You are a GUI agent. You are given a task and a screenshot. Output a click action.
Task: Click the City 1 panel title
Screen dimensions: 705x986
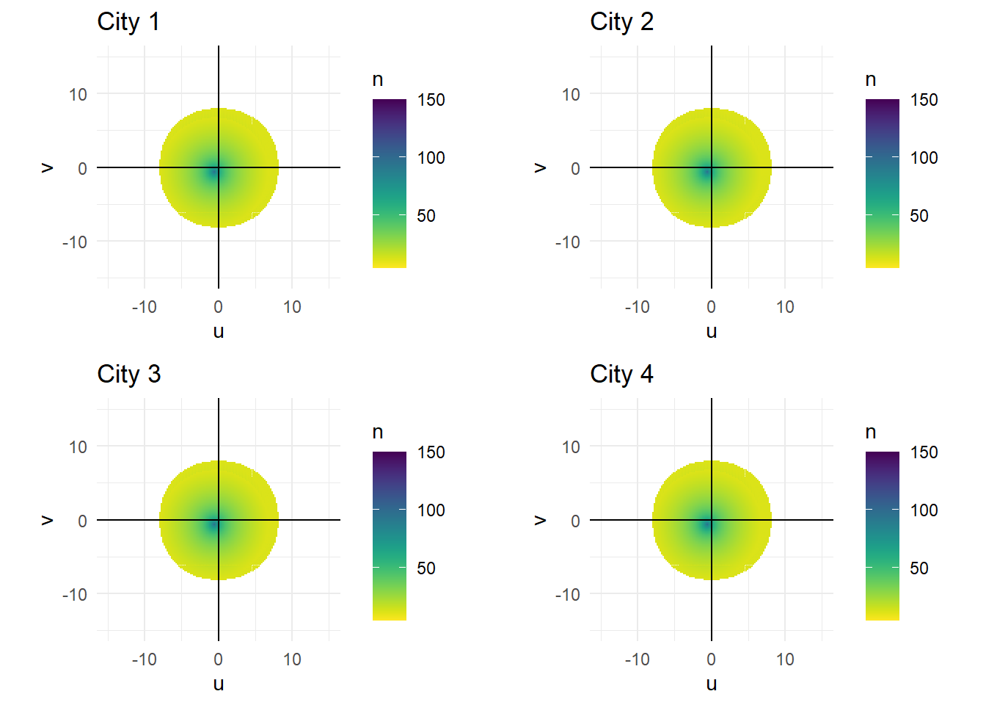click(x=128, y=22)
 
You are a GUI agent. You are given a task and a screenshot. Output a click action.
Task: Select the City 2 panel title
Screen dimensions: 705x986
click(x=621, y=22)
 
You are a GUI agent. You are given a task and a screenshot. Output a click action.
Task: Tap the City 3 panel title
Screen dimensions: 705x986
click(x=128, y=375)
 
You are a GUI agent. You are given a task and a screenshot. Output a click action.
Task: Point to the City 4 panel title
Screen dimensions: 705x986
click(x=621, y=375)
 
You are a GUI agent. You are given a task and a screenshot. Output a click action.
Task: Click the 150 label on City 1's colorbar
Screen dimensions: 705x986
click(x=431, y=100)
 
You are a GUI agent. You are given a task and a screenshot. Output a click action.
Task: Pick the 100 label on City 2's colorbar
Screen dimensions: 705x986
click(x=924, y=158)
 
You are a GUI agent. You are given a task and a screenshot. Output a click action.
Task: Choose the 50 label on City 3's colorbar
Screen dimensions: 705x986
click(x=426, y=568)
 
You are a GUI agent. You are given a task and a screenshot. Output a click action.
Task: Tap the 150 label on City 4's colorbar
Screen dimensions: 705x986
click(x=924, y=452)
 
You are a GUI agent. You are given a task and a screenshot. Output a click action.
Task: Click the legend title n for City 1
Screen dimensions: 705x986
click(x=378, y=79)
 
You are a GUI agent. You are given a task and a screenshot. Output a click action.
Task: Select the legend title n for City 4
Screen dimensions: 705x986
click(x=871, y=432)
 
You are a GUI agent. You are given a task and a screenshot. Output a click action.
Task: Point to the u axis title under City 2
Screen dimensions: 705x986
click(x=711, y=331)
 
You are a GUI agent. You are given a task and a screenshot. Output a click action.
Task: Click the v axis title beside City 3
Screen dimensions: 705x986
click(x=47, y=520)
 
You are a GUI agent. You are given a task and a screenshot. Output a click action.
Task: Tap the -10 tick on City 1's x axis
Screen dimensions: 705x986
click(x=144, y=307)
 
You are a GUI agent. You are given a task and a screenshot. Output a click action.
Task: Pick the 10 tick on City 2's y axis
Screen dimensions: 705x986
click(x=571, y=94)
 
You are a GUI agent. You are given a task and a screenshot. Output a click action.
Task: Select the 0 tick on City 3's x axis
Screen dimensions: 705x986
click(x=218, y=659)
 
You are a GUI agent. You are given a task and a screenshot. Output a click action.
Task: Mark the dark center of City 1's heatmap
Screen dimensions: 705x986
click(x=216, y=172)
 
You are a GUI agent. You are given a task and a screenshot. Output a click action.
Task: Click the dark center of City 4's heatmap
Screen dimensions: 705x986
click(x=709, y=524)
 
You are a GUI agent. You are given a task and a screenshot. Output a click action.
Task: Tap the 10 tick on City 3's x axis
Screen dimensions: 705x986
click(x=292, y=659)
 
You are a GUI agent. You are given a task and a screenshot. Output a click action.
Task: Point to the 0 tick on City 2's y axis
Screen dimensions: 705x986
click(x=575, y=168)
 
